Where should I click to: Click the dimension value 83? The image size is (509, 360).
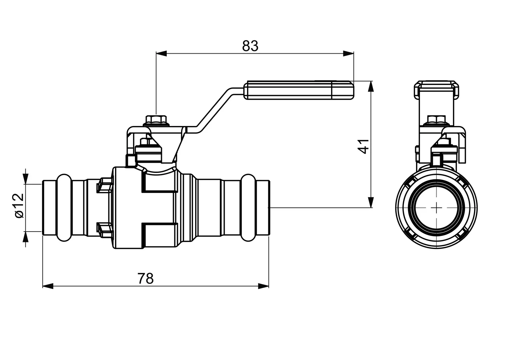250,46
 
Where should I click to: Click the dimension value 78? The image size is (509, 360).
145,278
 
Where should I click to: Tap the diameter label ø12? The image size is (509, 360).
19,206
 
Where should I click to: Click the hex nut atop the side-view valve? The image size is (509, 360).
156,120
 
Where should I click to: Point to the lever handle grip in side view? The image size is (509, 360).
299,90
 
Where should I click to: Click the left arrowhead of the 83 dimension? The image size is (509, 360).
161,54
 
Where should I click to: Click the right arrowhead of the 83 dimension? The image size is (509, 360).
348,54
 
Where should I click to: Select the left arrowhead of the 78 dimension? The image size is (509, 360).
48,286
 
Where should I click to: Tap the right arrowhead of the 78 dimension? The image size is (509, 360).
263,286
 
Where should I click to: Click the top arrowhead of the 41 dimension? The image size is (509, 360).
371,86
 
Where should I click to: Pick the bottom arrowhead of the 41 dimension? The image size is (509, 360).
371,202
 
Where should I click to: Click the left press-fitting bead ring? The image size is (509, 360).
64,208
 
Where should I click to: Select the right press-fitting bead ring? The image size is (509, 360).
248,208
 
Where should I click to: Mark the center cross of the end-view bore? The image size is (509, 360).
437,208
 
